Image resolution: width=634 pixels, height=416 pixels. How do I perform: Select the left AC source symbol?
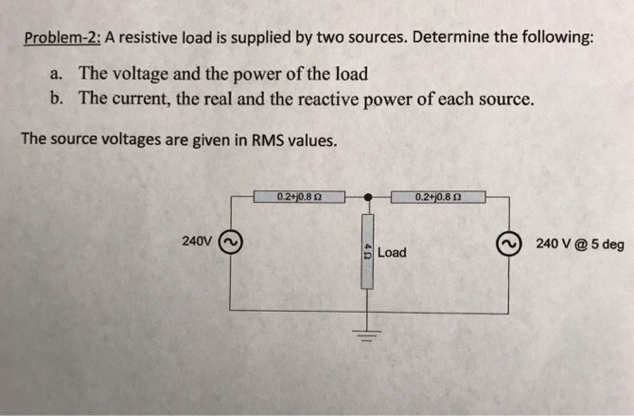(x=230, y=244)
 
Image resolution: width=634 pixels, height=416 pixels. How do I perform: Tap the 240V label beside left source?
(x=196, y=243)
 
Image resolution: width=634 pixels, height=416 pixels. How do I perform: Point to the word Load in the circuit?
(x=392, y=252)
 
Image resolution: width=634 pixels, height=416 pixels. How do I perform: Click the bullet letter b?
(x=58, y=98)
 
